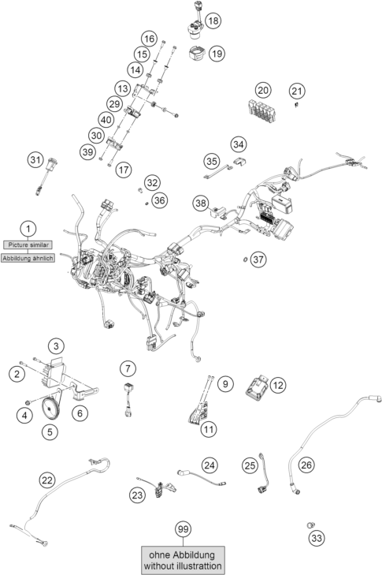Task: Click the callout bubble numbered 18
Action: (213, 21)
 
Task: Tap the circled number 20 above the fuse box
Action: (263, 90)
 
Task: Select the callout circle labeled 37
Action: (258, 259)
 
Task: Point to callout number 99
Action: (183, 529)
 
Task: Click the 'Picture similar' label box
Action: (28, 245)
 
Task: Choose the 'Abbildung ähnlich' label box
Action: (28, 258)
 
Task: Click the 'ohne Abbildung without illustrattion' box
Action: (183, 560)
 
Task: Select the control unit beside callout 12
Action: (258, 386)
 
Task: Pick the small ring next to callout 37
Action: (245, 260)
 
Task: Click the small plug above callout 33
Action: (310, 525)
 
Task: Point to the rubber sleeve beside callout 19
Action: (196, 52)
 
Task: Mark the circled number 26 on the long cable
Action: (306, 465)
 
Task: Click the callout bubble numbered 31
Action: (35, 160)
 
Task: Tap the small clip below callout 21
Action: (296, 105)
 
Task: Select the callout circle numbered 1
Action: (28, 230)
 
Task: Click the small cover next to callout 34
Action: (240, 162)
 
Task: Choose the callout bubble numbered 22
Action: (47, 480)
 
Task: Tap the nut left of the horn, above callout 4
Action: (27, 402)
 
